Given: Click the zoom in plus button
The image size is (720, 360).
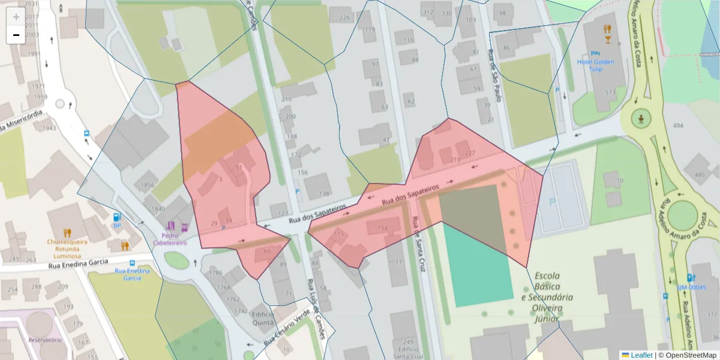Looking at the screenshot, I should pos(16,17).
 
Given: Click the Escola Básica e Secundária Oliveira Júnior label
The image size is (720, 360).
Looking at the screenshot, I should pos(547,296).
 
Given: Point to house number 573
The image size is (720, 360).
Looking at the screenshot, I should pos(611,92).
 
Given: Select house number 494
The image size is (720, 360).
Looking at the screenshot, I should pos(679,125).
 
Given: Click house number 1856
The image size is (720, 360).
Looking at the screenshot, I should pos(145,185).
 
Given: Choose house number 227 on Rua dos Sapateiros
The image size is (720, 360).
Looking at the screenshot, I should pos(470,154).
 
